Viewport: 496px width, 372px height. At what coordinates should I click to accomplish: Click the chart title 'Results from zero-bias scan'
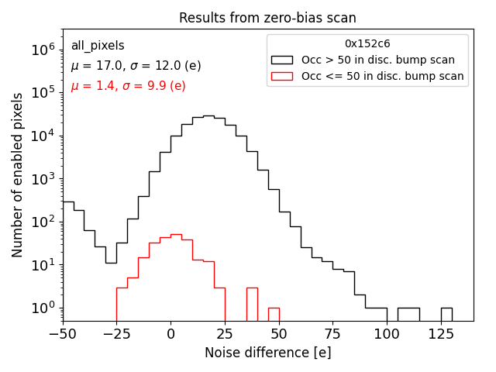(267, 18)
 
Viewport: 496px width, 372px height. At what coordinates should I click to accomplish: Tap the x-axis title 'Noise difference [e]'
(267, 353)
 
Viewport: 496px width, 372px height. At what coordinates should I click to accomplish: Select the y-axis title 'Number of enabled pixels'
(17, 180)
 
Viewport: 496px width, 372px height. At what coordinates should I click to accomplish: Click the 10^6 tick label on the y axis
(40, 50)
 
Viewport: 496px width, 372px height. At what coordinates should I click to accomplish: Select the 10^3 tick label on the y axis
(40, 178)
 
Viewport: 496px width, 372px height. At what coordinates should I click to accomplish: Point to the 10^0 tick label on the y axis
(40, 308)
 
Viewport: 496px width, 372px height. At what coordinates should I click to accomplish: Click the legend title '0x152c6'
(367, 44)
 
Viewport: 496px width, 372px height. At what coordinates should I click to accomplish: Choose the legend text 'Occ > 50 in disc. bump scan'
(378, 60)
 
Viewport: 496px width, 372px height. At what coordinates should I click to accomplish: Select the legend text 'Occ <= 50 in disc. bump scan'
(382, 76)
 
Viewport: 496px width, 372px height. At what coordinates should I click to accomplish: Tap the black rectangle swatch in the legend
(283, 60)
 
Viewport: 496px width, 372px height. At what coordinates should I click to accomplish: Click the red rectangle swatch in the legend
(283, 76)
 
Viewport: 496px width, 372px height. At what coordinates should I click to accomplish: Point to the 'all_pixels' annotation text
(98, 46)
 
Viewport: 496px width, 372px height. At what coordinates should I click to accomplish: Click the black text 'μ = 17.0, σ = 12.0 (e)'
(136, 66)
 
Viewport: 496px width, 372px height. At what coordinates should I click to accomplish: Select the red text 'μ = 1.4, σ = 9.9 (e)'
(128, 85)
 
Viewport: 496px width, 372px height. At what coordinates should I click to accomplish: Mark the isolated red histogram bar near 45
(274, 313)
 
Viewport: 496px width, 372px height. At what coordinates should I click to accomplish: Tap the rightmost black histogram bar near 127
(446, 313)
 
